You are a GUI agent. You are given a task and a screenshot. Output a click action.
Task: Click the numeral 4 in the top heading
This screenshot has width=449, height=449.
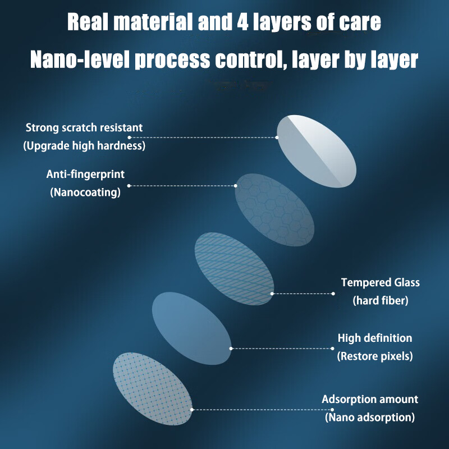[243, 22]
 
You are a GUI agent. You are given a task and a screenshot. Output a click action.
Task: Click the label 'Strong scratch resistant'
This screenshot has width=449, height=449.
[84, 128]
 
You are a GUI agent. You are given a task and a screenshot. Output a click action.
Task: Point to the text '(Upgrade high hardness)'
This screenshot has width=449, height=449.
[84, 146]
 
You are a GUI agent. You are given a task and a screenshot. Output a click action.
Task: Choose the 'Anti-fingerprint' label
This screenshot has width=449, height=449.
[85, 175]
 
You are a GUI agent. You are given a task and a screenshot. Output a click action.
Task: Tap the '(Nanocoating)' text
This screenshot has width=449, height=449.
[85, 192]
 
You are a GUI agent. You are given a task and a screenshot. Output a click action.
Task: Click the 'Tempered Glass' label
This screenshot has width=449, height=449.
[381, 283]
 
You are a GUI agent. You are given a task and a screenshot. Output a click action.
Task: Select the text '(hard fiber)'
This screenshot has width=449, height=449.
[381, 301]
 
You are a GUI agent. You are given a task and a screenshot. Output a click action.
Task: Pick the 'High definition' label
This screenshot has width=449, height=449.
[375, 338]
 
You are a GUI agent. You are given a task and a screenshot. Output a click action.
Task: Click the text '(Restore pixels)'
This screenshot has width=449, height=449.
[375, 356]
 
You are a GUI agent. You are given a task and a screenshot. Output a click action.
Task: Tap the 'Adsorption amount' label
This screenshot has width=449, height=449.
[370, 399]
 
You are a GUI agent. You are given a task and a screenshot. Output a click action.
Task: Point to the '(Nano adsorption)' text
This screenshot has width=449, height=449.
[370, 417]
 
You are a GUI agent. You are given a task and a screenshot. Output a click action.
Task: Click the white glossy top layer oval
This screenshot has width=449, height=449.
[317, 151]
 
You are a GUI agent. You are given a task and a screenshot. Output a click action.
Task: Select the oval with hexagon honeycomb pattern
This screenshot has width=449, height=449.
[274, 210]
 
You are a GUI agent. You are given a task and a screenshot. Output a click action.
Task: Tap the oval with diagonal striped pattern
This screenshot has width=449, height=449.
[234, 269]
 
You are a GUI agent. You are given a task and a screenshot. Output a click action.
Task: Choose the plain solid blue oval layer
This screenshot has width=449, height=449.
[191, 328]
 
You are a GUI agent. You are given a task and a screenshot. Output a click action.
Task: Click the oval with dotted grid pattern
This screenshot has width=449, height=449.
[153, 388]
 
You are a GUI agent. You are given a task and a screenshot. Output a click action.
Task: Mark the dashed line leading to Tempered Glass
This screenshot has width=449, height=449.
[303, 294]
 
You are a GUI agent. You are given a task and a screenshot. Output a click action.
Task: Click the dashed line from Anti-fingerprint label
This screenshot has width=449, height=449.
[182, 186]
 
